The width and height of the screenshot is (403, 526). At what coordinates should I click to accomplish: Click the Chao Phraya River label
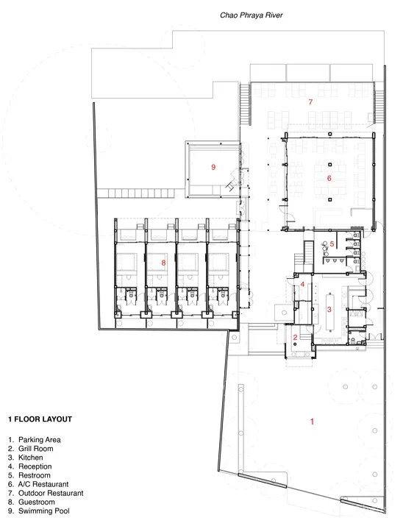pyautogui.click(x=251, y=15)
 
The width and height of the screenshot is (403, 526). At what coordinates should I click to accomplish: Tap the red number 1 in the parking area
pyautogui.click(x=312, y=422)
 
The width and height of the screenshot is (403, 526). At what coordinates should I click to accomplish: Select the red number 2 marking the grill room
pyautogui.click(x=295, y=337)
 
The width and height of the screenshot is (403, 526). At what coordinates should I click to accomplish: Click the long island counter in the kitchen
pyautogui.click(x=330, y=312)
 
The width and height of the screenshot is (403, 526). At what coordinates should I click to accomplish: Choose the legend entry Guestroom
pyautogui.click(x=37, y=502)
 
